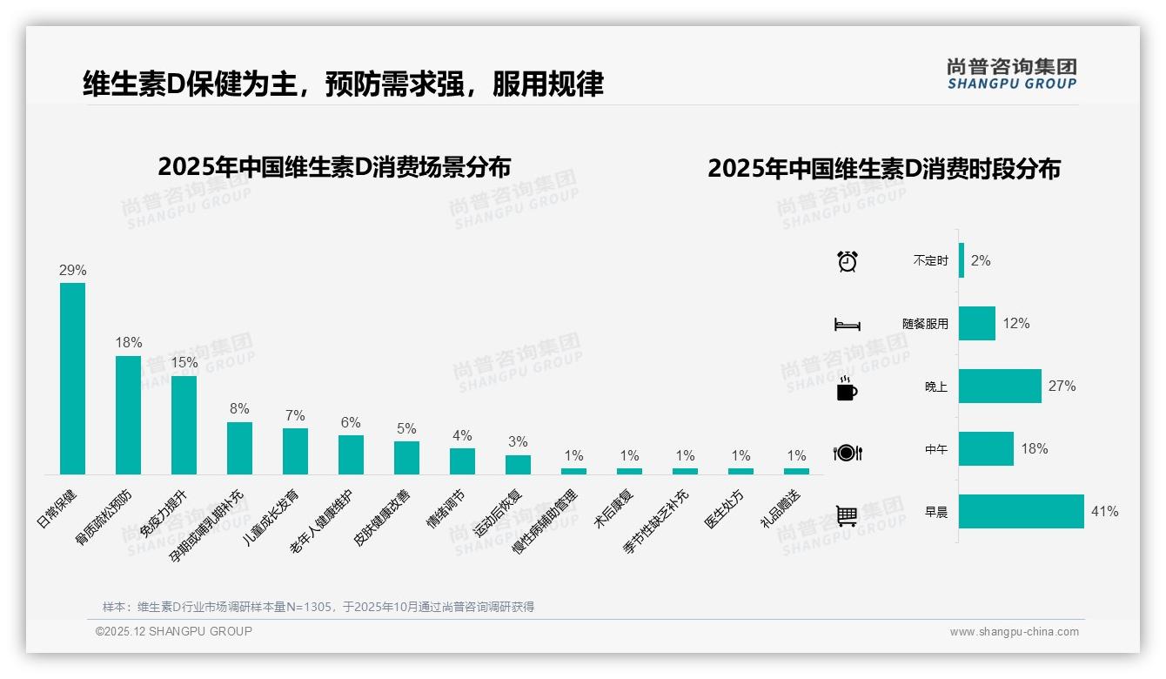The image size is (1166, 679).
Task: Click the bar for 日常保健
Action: [x=72, y=378]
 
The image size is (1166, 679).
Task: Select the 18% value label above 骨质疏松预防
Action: [x=129, y=343]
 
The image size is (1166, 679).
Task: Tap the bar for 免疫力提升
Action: [x=184, y=425]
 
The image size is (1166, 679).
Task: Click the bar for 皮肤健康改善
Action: [x=406, y=457]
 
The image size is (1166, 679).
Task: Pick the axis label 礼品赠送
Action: [x=781, y=508]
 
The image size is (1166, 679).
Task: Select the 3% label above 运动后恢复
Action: [x=518, y=442]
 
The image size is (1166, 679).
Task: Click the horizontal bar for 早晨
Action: [x=1021, y=512]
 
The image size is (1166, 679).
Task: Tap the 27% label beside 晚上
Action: [x=1062, y=387]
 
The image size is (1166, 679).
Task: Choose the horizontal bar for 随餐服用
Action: [x=976, y=324]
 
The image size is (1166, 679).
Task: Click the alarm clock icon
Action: [x=847, y=261]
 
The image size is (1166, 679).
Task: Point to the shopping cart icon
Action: [x=847, y=515]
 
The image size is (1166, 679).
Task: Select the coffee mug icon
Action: [x=847, y=389]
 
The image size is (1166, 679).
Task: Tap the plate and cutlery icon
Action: [x=847, y=453]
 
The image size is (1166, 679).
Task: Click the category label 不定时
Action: [x=930, y=261]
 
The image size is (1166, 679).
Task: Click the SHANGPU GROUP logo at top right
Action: [x=1011, y=73]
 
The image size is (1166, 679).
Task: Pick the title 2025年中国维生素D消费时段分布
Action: [x=883, y=169]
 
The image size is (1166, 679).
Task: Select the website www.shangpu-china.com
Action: [x=1014, y=632]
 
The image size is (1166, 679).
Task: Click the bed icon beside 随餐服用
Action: [x=847, y=325]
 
